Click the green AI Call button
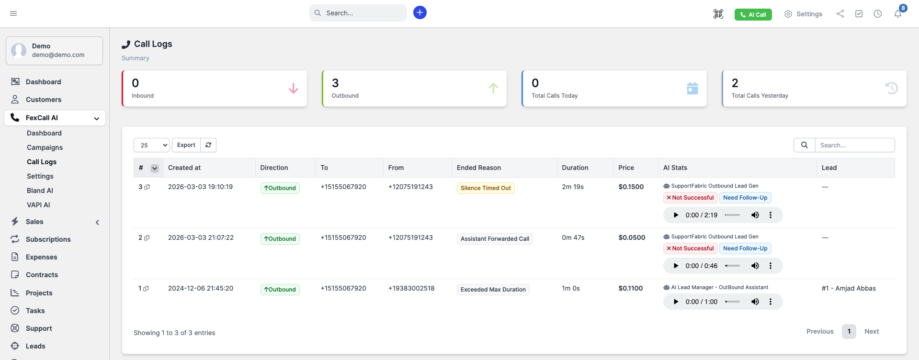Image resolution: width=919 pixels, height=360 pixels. [753, 15]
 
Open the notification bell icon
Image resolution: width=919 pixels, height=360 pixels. [898, 14]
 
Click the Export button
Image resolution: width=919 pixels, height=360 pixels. [186, 145]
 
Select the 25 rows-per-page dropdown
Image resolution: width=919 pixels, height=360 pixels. [152, 145]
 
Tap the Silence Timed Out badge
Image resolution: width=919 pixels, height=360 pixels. [486, 188]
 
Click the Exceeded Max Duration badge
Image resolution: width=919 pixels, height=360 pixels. [493, 290]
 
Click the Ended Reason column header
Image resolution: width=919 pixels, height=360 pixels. [479, 168]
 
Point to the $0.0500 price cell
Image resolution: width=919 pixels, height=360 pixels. [632, 237]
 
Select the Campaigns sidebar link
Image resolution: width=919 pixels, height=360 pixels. [45, 147]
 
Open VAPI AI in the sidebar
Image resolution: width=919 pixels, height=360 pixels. [38, 205]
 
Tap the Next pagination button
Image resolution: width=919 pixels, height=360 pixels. [872, 331]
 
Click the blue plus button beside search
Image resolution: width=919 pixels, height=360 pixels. [420, 12]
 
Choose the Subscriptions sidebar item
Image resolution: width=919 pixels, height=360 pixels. [48, 239]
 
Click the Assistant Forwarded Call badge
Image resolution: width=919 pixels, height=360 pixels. [495, 239]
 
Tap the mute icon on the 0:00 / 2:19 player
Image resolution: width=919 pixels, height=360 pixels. [755, 215]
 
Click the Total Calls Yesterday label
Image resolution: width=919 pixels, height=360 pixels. [760, 96]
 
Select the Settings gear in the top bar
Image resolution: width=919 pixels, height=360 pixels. [803, 14]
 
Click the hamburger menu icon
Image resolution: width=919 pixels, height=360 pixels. [13, 13]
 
